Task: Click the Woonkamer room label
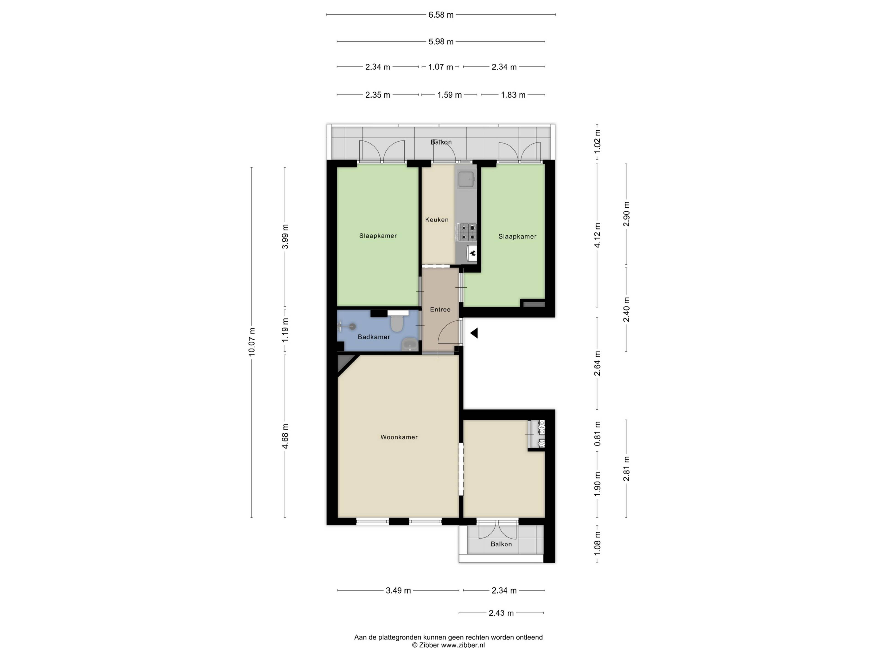[x=399, y=437]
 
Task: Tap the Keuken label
[x=437, y=220]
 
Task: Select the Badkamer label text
[x=374, y=337]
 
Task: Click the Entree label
[x=440, y=309]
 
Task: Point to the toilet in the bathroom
[x=396, y=323]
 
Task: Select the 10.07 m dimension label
[x=252, y=342]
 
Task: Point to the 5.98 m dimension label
[x=441, y=42]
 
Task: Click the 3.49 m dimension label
[x=398, y=591]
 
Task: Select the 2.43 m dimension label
[x=501, y=613]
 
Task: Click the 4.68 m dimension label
[x=285, y=436]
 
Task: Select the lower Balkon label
[x=501, y=544]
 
